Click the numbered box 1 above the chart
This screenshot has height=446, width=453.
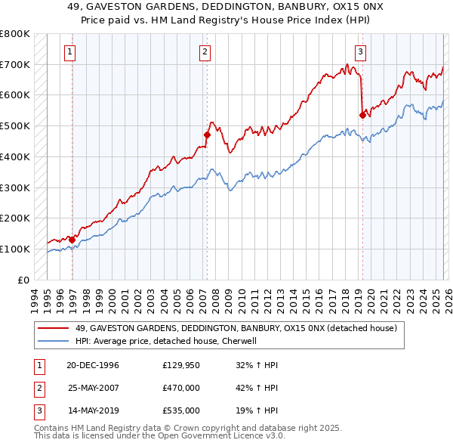pos(69,52)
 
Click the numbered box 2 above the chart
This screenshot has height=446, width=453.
pos(205,52)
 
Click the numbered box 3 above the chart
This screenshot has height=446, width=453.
pos(360,52)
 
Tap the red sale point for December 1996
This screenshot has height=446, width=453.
pos(72,240)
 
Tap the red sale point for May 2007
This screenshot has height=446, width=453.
pos(207,135)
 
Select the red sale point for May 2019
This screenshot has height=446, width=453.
pos(362,115)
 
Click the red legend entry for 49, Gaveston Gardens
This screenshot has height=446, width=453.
pos(241,328)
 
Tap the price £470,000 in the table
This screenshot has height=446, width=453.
pos(181,388)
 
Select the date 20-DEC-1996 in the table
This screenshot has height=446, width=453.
pos(93,365)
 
